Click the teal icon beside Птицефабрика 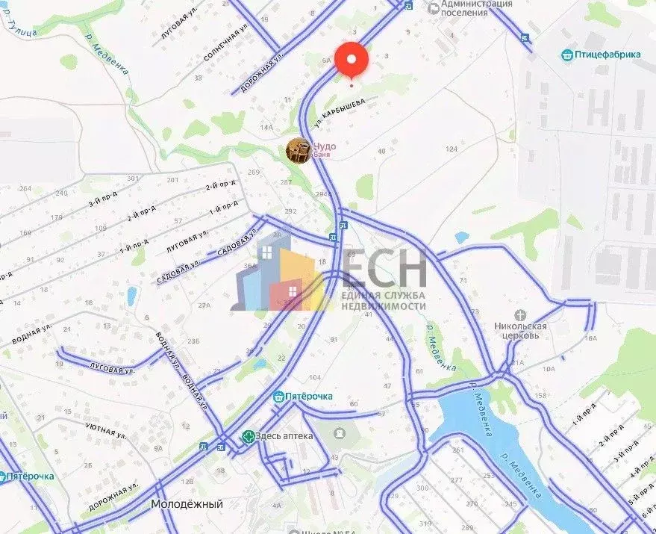click(567, 54)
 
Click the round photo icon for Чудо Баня click(299, 150)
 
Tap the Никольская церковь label click(520, 331)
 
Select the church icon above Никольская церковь click(521, 316)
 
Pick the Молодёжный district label click(187, 504)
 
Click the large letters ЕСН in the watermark click(384, 267)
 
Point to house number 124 click(451, 149)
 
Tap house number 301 click(134, 178)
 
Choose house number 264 click(25, 189)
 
